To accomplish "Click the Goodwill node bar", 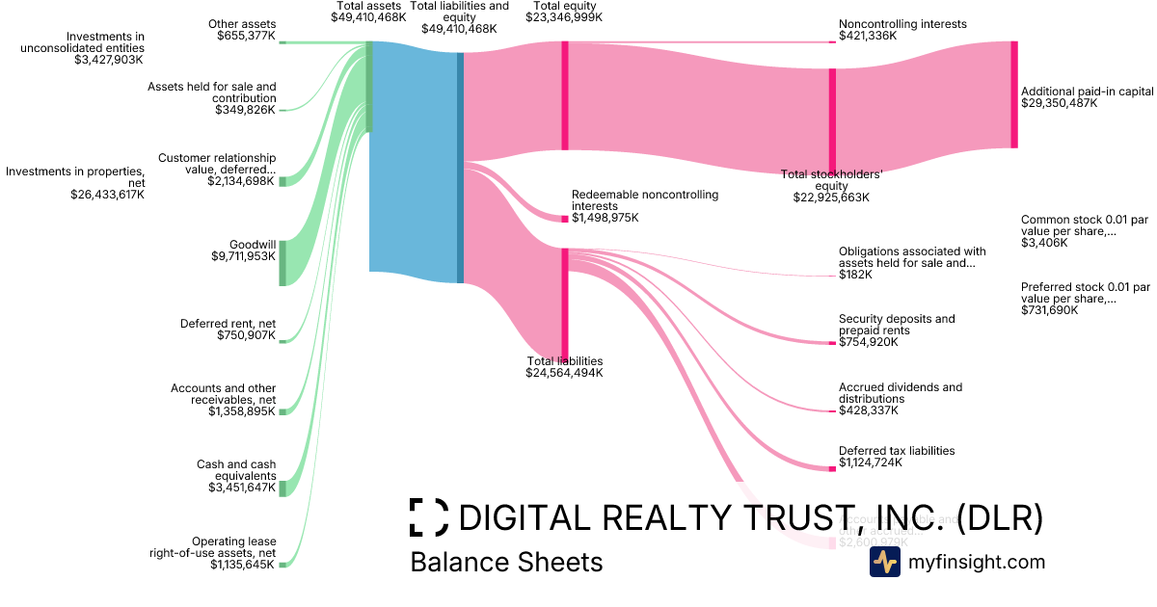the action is (x=283, y=263).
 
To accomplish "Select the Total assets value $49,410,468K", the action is (x=368, y=17).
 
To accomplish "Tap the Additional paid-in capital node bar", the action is (x=1013, y=94).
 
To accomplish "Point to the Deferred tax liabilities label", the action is (x=897, y=450).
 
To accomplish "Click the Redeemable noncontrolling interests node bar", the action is (x=565, y=219).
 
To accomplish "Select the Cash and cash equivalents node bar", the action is (x=283, y=488).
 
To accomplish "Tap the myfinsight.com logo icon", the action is (x=884, y=563).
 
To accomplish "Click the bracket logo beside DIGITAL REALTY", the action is (x=428, y=517).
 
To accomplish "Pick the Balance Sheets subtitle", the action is (x=506, y=563).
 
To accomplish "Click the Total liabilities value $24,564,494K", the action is (x=564, y=373).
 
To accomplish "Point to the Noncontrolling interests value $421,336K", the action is (x=868, y=36).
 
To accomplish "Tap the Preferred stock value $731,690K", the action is (x=1050, y=310).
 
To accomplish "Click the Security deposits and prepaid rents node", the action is (x=833, y=343).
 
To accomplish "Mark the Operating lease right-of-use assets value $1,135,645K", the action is (x=243, y=565).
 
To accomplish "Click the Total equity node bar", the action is (x=565, y=95).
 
